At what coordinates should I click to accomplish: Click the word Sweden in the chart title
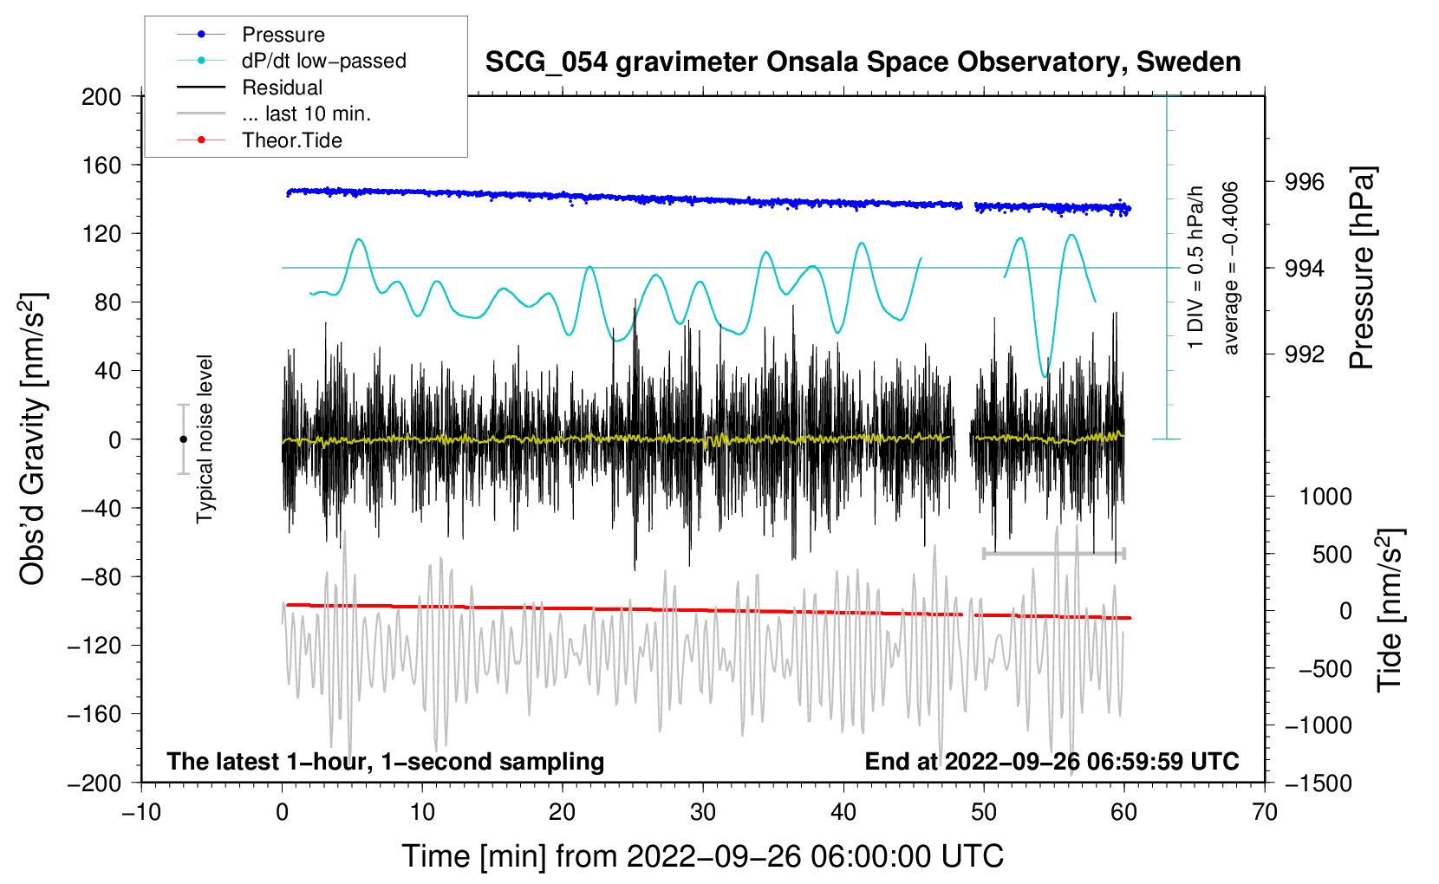[1188, 62]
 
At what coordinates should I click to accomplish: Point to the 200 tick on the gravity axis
[101, 96]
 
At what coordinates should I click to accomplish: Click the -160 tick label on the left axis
[94, 714]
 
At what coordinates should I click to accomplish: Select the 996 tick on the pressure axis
[1305, 182]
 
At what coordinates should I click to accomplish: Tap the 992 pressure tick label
[1305, 354]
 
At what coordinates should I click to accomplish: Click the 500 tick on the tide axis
[1332, 554]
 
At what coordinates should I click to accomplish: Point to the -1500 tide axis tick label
[1319, 783]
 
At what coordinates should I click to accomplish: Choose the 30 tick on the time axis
[703, 812]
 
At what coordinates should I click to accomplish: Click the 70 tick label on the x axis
[1264, 812]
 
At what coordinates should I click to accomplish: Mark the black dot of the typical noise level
[184, 439]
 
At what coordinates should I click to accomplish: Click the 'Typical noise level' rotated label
[205, 439]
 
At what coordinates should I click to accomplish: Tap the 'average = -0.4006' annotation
[1230, 268]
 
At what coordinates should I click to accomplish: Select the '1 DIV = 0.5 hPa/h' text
[1195, 268]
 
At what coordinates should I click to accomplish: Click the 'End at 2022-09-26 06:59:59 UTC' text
[1052, 761]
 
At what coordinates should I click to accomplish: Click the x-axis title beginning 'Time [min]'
[703, 856]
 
